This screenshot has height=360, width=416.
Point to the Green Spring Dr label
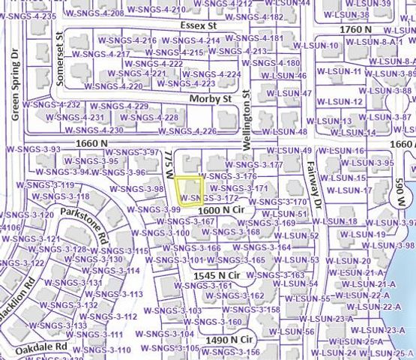pos(15,74)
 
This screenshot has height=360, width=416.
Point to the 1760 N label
pos(356,28)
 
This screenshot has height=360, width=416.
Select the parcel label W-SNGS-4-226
pos(194,131)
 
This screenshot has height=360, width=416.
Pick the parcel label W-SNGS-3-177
pos(254,164)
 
